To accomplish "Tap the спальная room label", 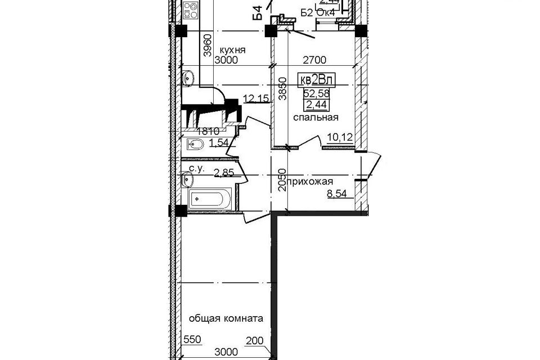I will tap(315, 118).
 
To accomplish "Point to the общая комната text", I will tap(226, 318).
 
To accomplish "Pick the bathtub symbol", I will tap(209, 199).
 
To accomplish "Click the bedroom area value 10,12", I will tap(339, 136).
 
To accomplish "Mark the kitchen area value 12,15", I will tap(256, 100).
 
